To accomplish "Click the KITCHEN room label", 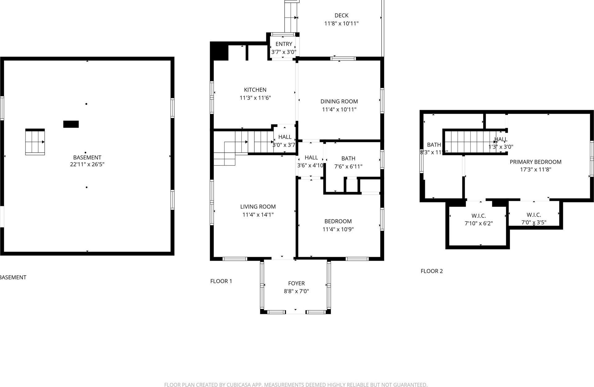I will point(255,90).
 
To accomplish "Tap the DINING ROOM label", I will point(339,102).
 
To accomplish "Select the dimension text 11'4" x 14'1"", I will point(258,215).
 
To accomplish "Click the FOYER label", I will point(296,283).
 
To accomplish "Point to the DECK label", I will point(341,15).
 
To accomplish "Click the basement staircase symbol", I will point(35,142).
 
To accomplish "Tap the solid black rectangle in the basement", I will point(71,124).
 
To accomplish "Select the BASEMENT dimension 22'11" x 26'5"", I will point(87,164).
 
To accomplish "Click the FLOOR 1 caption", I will point(221,281).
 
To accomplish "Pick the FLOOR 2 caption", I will point(432,271).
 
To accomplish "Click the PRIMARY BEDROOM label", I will point(535,162).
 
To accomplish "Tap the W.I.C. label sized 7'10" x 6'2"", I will point(478,216).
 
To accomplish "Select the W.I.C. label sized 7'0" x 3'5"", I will point(534,215).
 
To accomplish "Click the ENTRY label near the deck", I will point(284,44).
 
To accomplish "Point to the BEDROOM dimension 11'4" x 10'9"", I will point(338,229).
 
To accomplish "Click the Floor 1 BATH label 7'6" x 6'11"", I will point(348,158).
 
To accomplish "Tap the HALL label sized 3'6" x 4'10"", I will point(311,158).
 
